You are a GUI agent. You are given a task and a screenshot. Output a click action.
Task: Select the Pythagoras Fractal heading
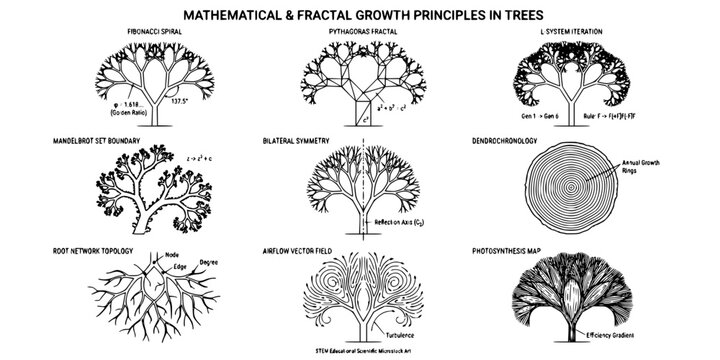pos(358,32)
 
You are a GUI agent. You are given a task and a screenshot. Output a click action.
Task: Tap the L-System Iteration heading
pos(571,32)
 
